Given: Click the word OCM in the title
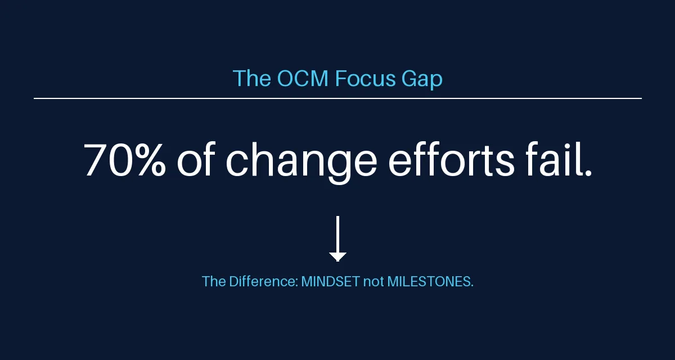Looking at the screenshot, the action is (302, 78).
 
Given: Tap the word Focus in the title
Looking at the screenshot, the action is (365, 78).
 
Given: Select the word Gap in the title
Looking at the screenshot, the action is (422, 79).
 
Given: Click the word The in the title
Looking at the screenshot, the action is (251, 78).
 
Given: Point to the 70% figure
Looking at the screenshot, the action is (124, 159).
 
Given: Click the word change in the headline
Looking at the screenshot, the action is (301, 162).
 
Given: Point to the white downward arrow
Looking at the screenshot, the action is (338, 238).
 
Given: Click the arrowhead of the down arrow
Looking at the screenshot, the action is (338, 257).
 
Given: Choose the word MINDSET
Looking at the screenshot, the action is (330, 281).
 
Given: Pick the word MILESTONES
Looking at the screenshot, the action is (429, 281).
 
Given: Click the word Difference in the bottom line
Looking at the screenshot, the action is (263, 281).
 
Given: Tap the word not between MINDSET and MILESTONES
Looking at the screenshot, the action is (373, 282).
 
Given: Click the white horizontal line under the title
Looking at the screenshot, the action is (338, 98).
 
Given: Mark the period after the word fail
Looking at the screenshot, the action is (588, 173).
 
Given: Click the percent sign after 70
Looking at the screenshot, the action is (150, 159).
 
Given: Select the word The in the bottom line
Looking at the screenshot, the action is (214, 281).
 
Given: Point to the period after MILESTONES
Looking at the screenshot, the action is (472, 286).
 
